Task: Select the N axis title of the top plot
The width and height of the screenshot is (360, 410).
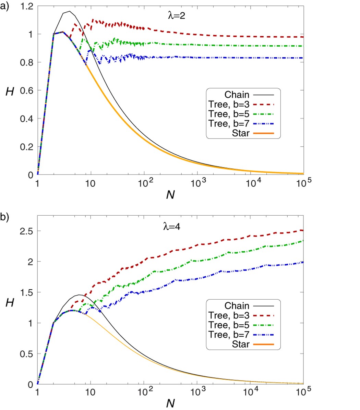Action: [x=170, y=194]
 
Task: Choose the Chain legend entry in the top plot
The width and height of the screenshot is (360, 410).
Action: [x=237, y=95]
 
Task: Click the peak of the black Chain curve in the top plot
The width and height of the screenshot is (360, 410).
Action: [x=70, y=11]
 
